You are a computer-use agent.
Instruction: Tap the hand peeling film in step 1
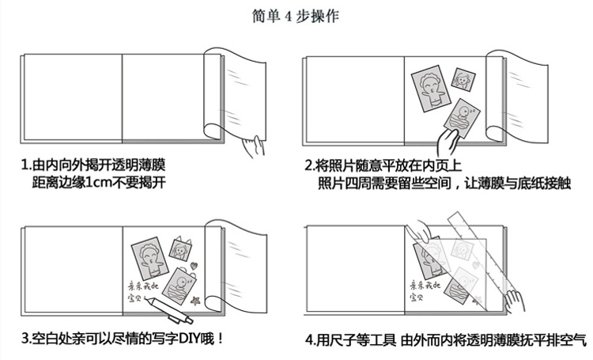click(253, 147)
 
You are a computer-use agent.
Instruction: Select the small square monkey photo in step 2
click(463, 79)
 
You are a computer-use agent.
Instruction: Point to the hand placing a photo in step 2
click(448, 142)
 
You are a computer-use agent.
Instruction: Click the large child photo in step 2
click(431, 89)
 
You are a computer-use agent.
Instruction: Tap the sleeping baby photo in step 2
click(462, 118)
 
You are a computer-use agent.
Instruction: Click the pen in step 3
click(168, 310)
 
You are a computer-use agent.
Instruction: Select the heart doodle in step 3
click(194, 266)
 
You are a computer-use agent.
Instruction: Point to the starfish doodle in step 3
click(195, 301)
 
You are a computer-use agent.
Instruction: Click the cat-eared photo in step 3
click(180, 248)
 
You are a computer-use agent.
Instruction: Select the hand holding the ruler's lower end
click(515, 301)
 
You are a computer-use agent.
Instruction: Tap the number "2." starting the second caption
click(310, 166)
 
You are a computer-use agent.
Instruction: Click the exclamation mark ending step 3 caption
click(221, 338)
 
